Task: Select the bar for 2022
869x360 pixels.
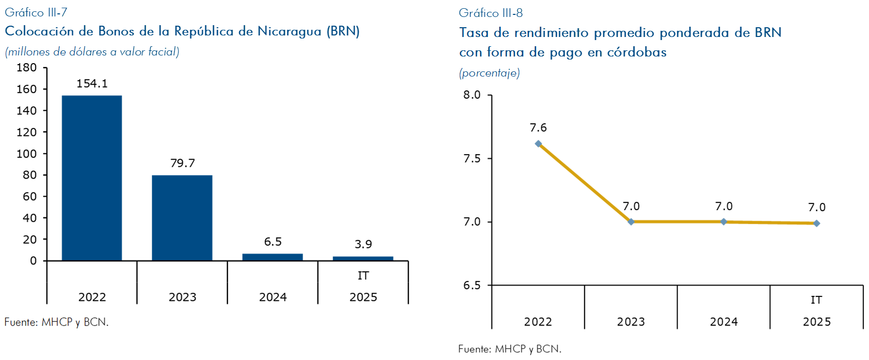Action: [x=92, y=178]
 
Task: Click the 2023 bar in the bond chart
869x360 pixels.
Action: [x=182, y=218]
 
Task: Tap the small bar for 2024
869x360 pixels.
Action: [x=272, y=257]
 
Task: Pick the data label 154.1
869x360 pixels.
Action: [x=92, y=84]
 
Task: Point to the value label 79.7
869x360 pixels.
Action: [x=182, y=163]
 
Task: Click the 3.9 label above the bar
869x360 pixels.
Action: [x=363, y=244]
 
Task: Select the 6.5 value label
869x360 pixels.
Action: [x=273, y=242]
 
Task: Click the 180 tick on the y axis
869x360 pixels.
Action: [x=27, y=68]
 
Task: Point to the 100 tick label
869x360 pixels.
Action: [x=27, y=154]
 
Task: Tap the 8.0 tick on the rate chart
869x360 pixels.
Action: [x=472, y=95]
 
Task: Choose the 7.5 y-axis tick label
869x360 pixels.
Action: [x=472, y=159]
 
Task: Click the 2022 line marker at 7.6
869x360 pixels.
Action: [x=538, y=144]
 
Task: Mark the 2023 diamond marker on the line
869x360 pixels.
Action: [x=631, y=222]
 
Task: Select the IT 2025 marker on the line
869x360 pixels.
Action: [x=817, y=223]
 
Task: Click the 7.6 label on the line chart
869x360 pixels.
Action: [x=538, y=128]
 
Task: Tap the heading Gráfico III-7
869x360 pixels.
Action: [x=36, y=12]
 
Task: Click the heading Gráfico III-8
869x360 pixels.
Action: [x=490, y=13]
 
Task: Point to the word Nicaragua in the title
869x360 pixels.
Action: [x=289, y=31]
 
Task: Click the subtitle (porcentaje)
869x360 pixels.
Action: [x=489, y=73]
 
